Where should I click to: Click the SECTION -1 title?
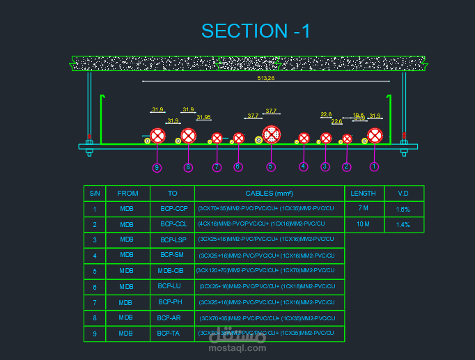[x=256, y=31]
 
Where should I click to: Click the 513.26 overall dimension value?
[x=266, y=78]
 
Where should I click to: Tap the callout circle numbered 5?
[x=271, y=166]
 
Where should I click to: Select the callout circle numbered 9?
[x=157, y=167]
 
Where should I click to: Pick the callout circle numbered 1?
[x=374, y=166]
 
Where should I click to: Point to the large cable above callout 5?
[x=271, y=134]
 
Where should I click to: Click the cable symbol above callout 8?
[x=188, y=136]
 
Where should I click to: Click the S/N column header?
[x=95, y=194]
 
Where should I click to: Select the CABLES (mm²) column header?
[x=269, y=194]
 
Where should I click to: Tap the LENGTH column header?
[x=363, y=194]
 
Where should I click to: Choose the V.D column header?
[x=403, y=194]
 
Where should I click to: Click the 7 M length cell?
[x=363, y=209]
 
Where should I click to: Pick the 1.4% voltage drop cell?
[x=403, y=225]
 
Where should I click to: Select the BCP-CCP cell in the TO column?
[x=173, y=209]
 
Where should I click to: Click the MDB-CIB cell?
[x=171, y=271]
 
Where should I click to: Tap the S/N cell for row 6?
[x=95, y=287]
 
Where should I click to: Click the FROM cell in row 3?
[x=127, y=240]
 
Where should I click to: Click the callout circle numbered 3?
[x=325, y=166]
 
